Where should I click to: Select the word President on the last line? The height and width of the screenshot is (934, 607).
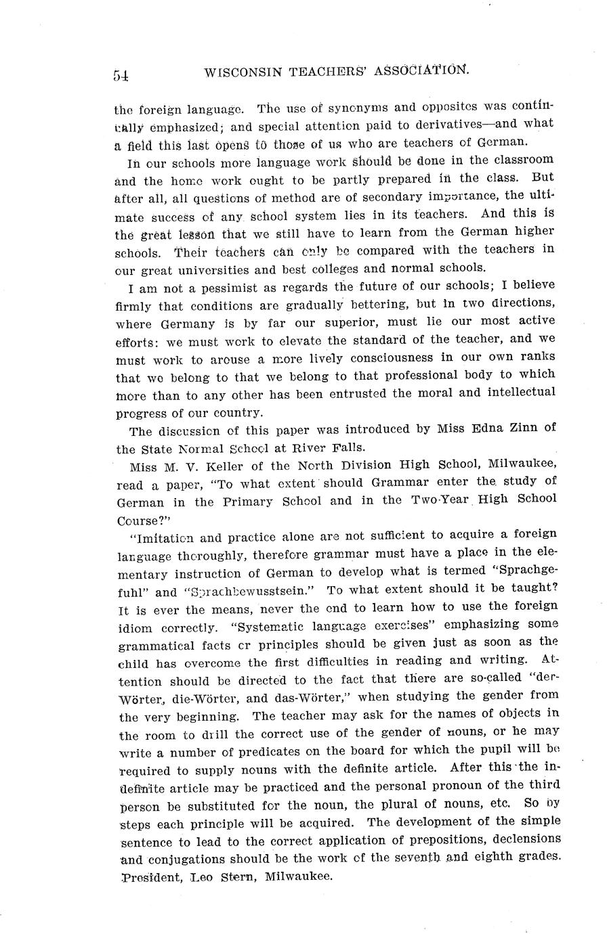tap(148, 876)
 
